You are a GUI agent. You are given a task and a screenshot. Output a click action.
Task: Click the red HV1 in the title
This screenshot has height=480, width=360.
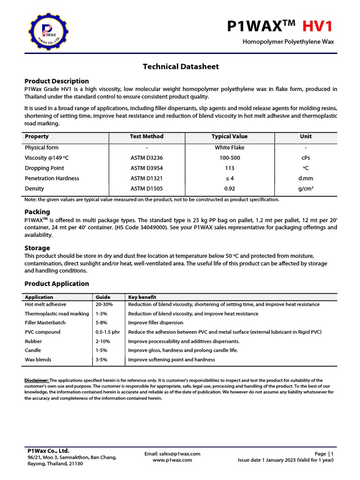point(317,26)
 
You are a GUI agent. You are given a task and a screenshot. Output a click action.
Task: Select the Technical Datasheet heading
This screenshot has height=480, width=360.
point(180,67)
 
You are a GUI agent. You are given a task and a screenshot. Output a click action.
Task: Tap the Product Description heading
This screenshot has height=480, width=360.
point(56,81)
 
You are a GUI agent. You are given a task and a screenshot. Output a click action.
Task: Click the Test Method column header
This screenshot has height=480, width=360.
point(147,136)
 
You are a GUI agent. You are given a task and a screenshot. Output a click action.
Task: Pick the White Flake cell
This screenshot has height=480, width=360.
point(230,148)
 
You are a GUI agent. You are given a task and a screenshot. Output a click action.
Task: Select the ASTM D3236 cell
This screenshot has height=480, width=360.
point(147,158)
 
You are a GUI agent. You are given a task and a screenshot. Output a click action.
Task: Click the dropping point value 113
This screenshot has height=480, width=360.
point(230,168)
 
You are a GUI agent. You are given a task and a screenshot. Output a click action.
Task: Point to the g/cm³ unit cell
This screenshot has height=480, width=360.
point(306,188)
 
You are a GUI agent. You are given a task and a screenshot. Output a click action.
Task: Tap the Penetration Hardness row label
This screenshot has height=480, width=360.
point(52,179)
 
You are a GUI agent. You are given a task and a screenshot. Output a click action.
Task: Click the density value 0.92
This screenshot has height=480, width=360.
point(230,188)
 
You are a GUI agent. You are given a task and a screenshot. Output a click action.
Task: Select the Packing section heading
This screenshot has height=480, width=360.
point(37,212)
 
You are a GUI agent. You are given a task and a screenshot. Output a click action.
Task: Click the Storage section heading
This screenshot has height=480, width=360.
point(37,248)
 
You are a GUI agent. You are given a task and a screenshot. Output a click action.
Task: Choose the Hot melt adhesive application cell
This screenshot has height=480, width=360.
point(45,305)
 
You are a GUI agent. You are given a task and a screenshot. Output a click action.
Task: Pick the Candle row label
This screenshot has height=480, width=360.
point(33,350)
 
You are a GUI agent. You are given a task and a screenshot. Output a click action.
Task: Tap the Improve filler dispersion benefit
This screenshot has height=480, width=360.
point(156,323)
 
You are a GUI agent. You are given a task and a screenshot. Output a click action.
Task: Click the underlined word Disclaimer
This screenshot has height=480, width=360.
point(37,380)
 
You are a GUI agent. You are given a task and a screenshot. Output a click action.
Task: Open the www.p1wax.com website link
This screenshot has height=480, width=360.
point(172,460)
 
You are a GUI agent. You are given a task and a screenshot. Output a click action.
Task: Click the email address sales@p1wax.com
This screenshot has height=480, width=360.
point(172,454)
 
